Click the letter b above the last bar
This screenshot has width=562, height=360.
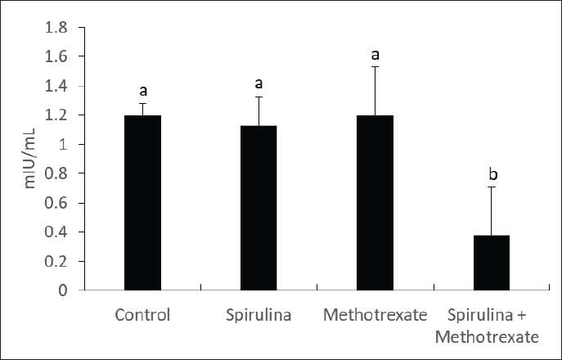(492, 174)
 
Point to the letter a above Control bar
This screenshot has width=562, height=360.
(142, 91)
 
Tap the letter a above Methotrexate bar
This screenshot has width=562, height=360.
(375, 55)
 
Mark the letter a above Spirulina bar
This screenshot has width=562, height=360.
(259, 84)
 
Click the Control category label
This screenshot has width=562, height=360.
(142, 314)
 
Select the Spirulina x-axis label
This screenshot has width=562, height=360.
(259, 314)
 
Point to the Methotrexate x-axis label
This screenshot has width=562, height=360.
(375, 314)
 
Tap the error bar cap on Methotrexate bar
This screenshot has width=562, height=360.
(375, 67)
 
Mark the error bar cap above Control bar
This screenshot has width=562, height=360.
(142, 103)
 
